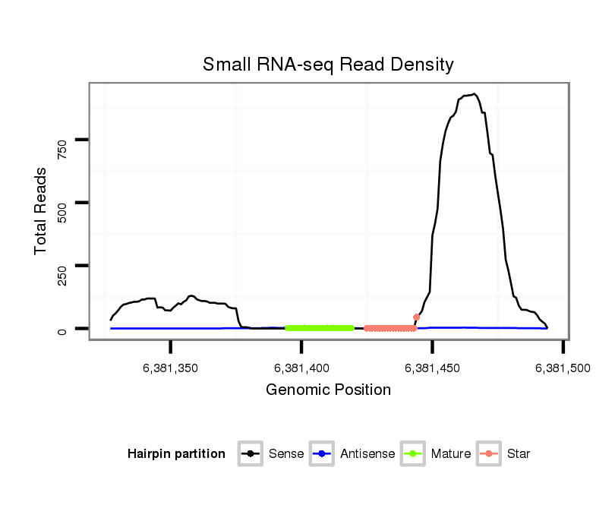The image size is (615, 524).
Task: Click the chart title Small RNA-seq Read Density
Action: tap(328, 65)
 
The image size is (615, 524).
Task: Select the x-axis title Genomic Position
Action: tap(328, 390)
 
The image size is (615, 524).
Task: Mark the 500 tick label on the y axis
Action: tap(63, 209)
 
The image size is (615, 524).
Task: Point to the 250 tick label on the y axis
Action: tap(63, 272)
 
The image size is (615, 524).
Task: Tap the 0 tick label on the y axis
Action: tap(63, 330)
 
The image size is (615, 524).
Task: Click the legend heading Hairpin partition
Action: tap(176, 454)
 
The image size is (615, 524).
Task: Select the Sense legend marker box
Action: tap(251, 454)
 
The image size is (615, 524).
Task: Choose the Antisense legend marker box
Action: tap(322, 454)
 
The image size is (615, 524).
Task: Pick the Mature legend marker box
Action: tap(413, 454)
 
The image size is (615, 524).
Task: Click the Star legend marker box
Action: tap(490, 454)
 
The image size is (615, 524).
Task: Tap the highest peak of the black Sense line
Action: tap(475, 94)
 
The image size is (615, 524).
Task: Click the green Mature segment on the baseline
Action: tap(320, 328)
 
